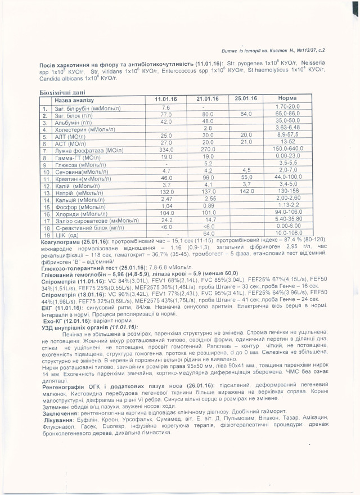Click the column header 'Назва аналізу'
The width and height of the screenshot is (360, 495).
pyautogui.click(x=76, y=100)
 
